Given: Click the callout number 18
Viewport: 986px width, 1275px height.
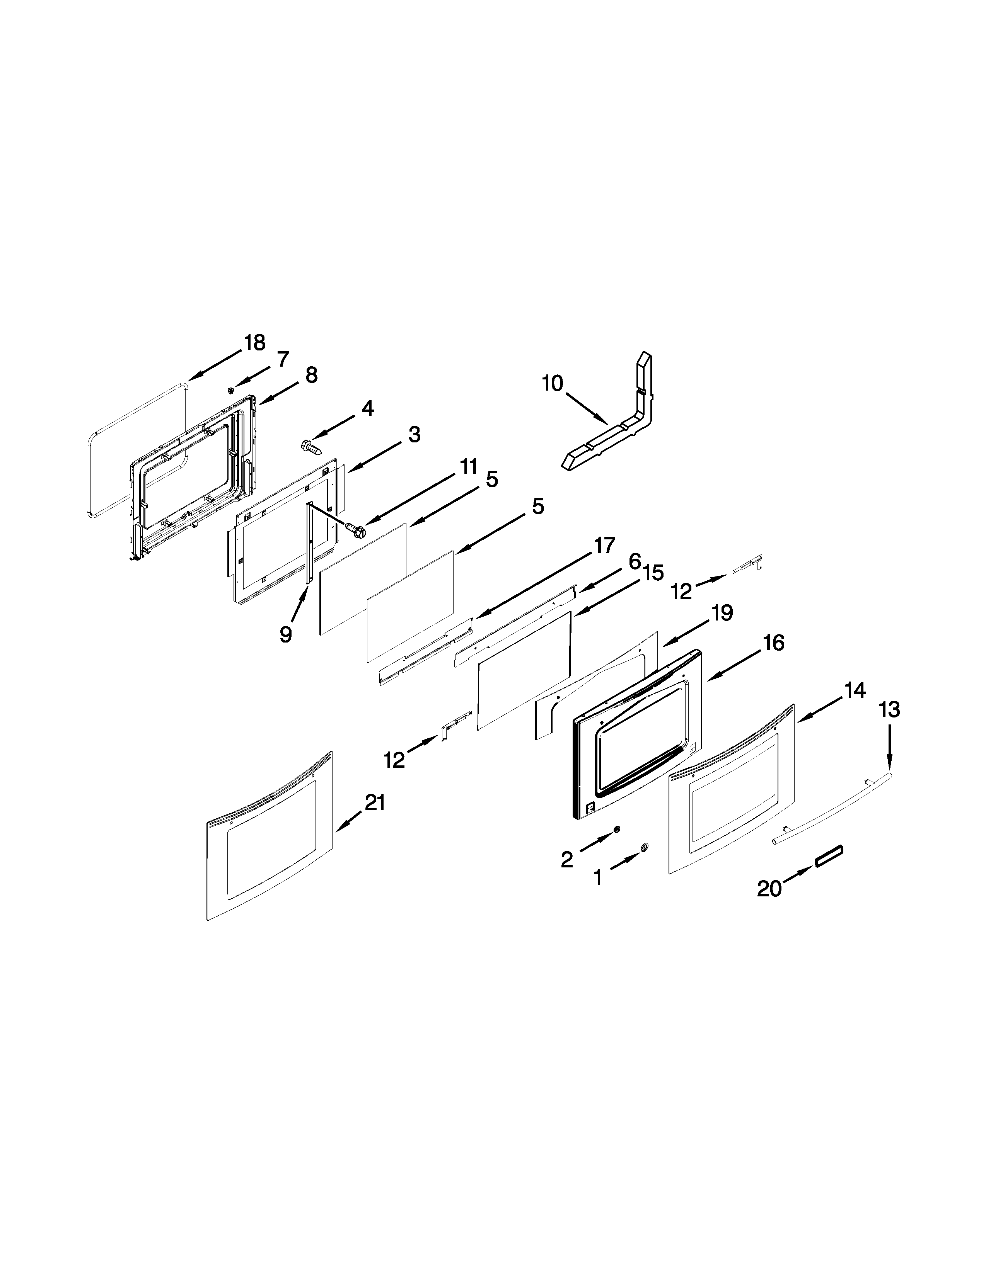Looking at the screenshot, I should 255,343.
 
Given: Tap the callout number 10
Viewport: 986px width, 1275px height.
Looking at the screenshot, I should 553,384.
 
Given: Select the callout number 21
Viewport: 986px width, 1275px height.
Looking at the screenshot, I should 375,803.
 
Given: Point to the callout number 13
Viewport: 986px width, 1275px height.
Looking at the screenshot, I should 890,710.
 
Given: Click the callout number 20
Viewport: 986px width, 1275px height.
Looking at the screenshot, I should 769,889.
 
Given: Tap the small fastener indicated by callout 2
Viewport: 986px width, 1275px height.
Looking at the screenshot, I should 616,830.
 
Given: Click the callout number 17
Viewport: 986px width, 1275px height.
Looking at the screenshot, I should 605,545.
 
